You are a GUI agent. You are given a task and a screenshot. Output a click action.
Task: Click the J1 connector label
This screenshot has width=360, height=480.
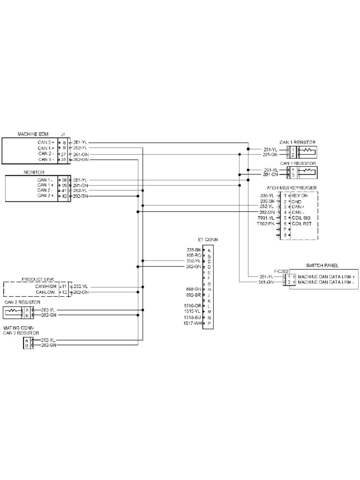pyautogui.click(x=63, y=135)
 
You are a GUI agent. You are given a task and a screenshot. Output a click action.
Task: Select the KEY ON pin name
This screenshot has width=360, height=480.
pyautogui.click(x=300, y=195)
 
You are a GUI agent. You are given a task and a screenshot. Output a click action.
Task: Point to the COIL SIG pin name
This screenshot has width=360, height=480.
pyautogui.click(x=301, y=218)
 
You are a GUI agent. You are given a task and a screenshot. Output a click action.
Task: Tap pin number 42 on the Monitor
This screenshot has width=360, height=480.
pyautogui.click(x=64, y=196)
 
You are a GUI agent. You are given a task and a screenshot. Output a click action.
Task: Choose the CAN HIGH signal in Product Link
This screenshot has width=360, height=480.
pyautogui.click(x=46, y=286)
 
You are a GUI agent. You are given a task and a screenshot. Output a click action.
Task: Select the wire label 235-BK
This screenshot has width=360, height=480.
pyautogui.click(x=194, y=250)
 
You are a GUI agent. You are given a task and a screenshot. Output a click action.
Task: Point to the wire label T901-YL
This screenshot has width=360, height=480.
pyautogui.click(x=266, y=218)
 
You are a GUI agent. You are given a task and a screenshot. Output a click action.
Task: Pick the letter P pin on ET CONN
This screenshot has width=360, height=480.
pyautogui.click(x=209, y=323)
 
